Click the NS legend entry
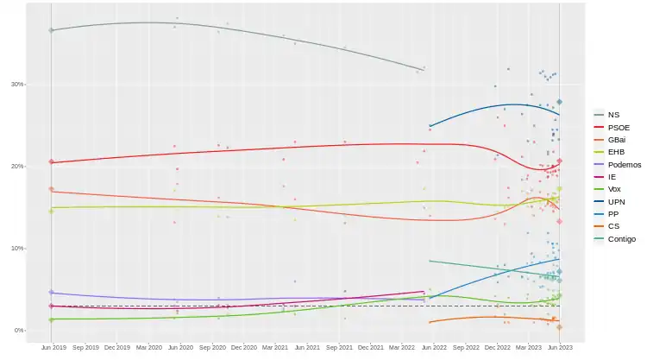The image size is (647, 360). [x=612, y=115]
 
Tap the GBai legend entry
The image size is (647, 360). [x=616, y=139]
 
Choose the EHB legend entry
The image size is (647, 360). [x=615, y=152]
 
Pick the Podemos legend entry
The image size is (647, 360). [x=622, y=164]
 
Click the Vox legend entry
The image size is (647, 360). [x=613, y=189]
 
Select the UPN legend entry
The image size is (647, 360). [x=615, y=201]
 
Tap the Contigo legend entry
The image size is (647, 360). [x=621, y=238]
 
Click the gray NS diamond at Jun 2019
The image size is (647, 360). [x=52, y=30]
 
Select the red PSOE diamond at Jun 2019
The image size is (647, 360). [x=52, y=162]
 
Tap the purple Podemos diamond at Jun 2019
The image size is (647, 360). [x=52, y=293]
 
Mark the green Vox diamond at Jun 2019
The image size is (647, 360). [x=52, y=319]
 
